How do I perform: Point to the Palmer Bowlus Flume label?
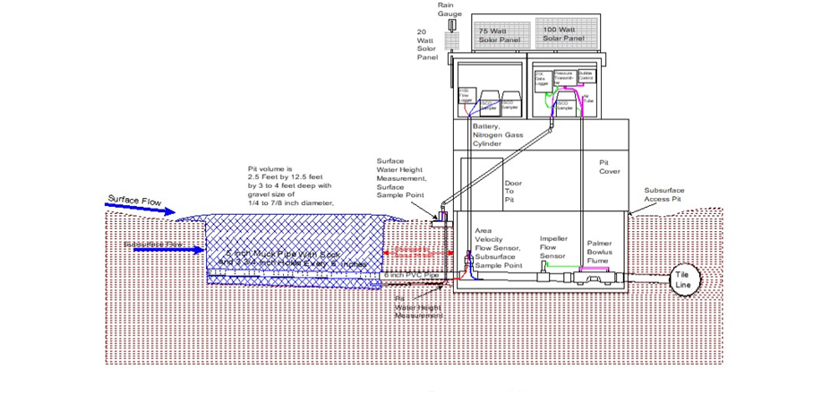(599, 252)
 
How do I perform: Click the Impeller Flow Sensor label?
(552, 247)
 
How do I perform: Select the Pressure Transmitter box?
(564, 79)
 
